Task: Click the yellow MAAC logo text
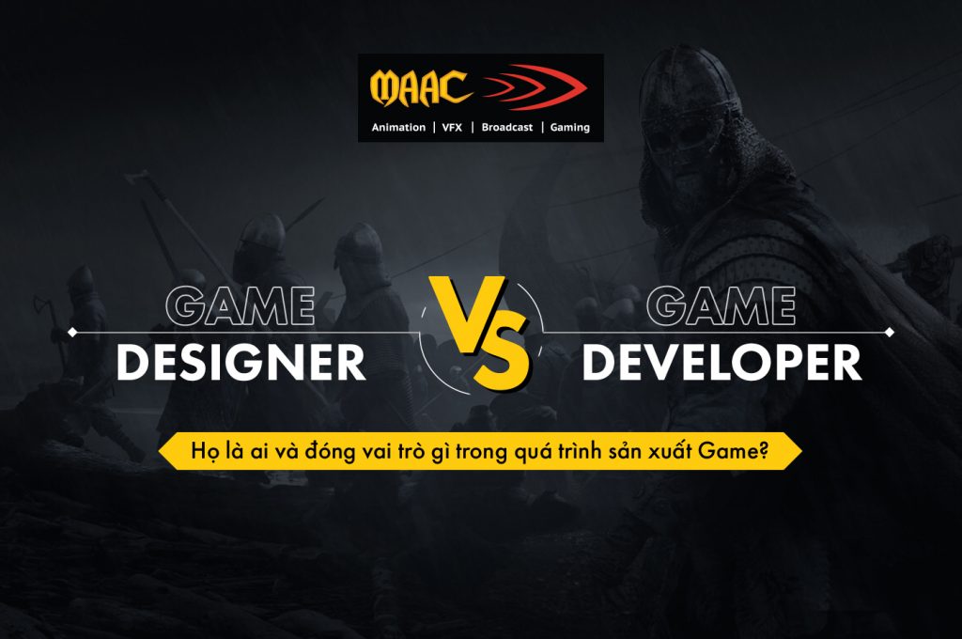pyautogui.click(x=420, y=87)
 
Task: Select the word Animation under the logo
pyautogui.click(x=398, y=127)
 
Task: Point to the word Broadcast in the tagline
pyautogui.click(x=507, y=127)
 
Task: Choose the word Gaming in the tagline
pyautogui.click(x=569, y=127)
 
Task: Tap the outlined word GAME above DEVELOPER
pyautogui.click(x=722, y=305)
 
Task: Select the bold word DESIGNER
pyautogui.click(x=241, y=364)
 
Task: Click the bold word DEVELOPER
pyautogui.click(x=721, y=364)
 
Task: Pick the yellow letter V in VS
pyautogui.click(x=459, y=310)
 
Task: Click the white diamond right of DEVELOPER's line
pyautogui.click(x=890, y=332)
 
